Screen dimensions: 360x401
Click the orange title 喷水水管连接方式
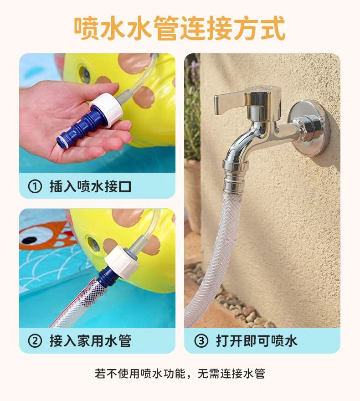[x=180, y=28]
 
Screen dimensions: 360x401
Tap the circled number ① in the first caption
[x=35, y=186]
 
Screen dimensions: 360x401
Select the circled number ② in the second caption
[x=35, y=341]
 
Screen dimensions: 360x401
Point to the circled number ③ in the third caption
[x=201, y=341]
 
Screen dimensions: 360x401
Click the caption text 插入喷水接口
[x=90, y=186]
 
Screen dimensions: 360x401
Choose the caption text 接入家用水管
[x=90, y=341]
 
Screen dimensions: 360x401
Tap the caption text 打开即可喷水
[x=257, y=341]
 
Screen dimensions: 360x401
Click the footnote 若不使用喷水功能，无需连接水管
[x=180, y=374]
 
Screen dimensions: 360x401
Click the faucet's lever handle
[x=230, y=103]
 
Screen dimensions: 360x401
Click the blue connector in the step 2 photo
[x=105, y=277]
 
